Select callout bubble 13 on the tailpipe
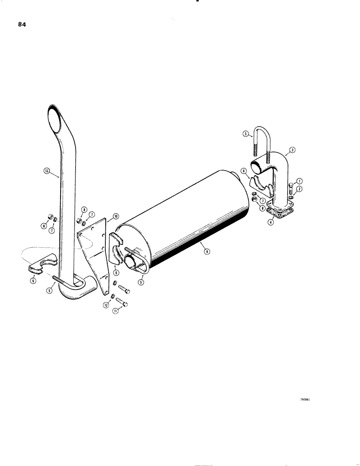click(x=46, y=171)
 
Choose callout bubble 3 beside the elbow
click(x=291, y=150)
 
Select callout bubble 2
click(x=299, y=189)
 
